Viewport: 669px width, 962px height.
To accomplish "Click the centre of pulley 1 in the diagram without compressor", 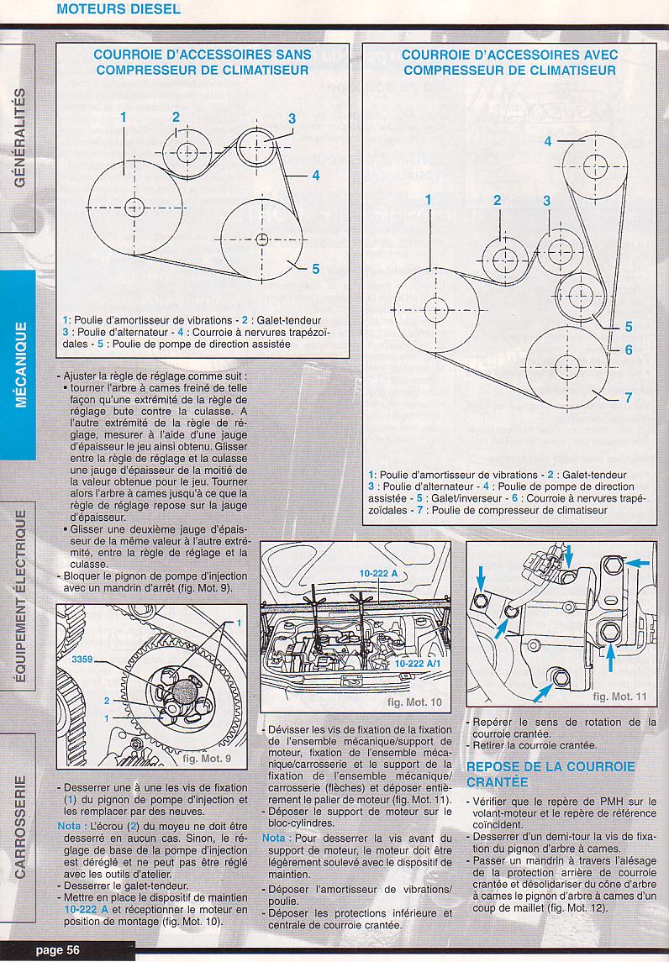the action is click(x=134, y=208).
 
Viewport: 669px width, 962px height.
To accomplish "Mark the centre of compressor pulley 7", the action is click(x=566, y=368).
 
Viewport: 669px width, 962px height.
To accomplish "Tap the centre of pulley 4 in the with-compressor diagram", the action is click(x=595, y=166).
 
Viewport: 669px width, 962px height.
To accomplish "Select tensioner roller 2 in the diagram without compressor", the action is click(x=187, y=152).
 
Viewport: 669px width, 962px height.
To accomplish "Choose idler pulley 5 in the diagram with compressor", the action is click(x=578, y=296).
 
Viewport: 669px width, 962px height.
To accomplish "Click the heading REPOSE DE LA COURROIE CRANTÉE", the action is click(x=550, y=775).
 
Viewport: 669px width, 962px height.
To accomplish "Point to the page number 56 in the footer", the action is click(x=73, y=949).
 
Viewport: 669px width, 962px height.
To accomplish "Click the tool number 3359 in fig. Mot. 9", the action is click(x=82, y=660).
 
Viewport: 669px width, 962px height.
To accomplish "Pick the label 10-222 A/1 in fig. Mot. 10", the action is click(x=417, y=664).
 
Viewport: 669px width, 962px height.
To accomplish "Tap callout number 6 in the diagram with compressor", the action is click(x=629, y=350).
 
